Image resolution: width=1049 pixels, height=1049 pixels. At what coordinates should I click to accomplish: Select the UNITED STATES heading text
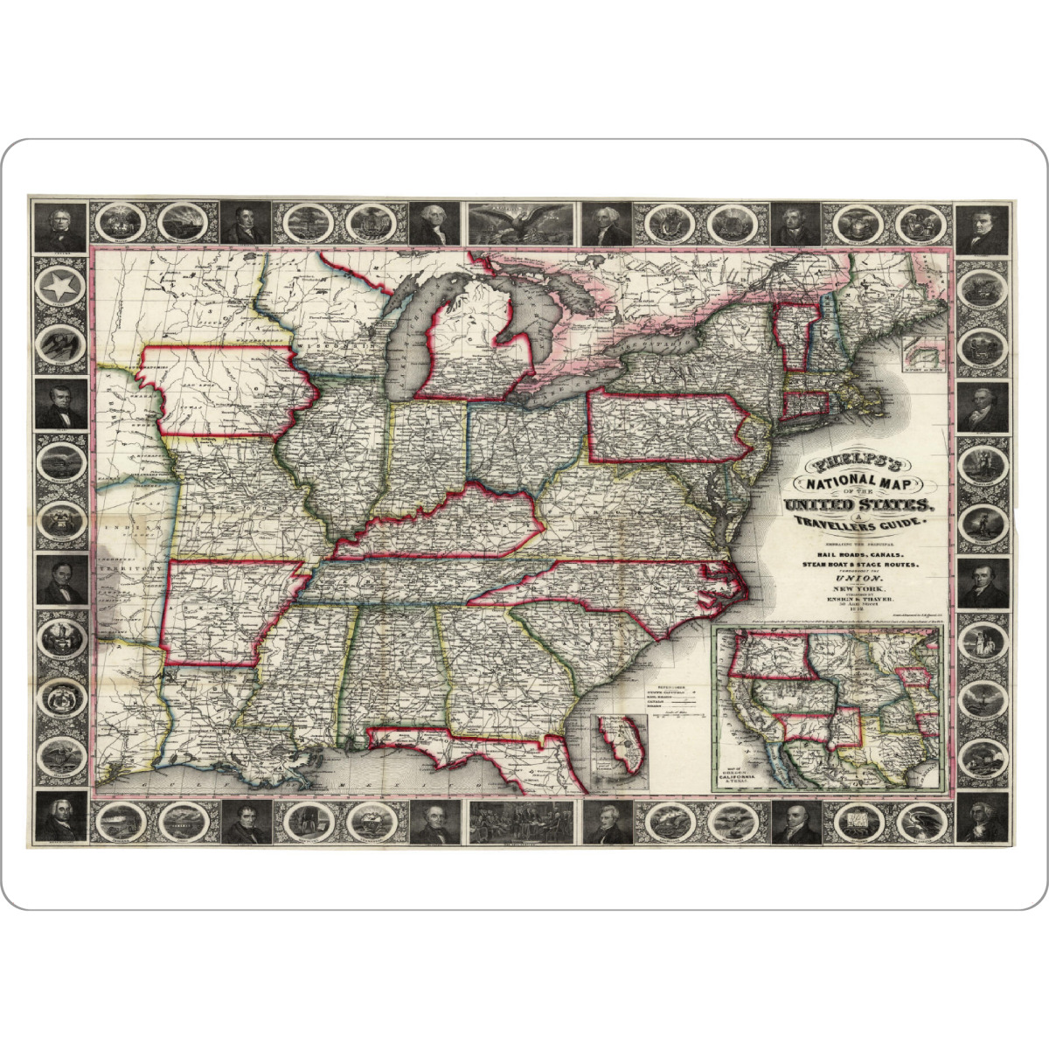click(x=860, y=505)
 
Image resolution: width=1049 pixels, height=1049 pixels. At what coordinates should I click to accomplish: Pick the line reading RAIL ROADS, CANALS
click(x=861, y=554)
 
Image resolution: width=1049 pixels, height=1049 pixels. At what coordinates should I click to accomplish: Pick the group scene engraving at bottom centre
click(x=523, y=823)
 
